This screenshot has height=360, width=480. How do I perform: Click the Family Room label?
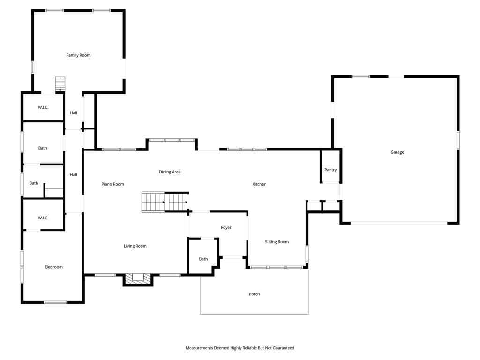pos(78,55)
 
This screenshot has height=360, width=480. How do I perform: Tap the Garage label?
pos(397,152)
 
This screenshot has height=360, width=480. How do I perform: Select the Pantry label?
pos(330,170)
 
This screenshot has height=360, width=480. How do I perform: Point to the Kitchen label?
pos(259,184)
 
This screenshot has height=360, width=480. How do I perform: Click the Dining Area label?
pos(170,172)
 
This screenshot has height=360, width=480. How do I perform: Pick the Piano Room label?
pos(112,184)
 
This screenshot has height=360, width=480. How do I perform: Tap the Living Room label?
pos(135,246)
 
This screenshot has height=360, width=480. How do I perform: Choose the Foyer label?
pos(226,227)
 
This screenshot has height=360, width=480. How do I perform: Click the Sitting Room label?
pos(277,242)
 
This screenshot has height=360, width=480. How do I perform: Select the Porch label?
pos(254,294)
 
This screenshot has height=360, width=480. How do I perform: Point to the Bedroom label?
pos(54,267)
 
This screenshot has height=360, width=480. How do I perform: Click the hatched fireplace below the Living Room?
pos(138,279)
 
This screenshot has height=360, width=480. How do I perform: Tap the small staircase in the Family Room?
pos(60,84)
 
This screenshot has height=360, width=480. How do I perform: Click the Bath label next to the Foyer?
pos(203,259)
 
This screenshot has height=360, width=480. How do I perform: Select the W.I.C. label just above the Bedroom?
pos(43,218)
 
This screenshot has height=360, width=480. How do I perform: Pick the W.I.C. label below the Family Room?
pos(43,107)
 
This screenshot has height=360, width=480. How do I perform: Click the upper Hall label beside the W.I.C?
pos(74,113)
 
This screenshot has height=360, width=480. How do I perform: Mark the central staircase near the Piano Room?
pos(165,202)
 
